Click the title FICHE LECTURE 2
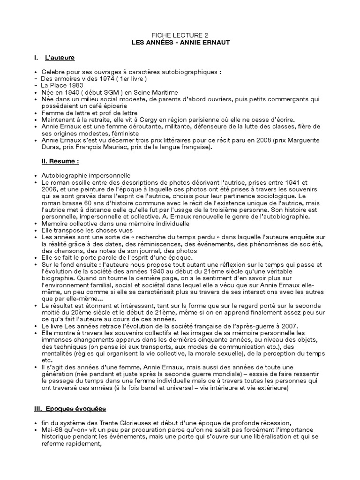[180, 36]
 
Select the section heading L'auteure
[60, 58]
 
